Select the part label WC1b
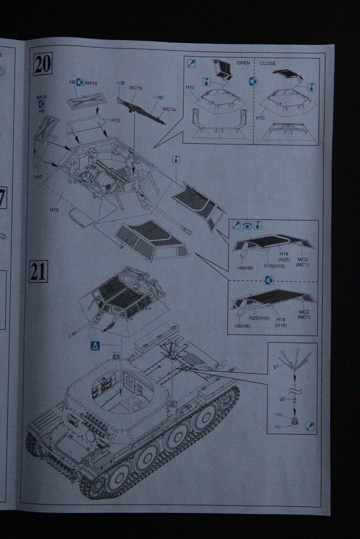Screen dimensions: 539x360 (136, 88)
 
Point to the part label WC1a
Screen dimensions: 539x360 (168, 109)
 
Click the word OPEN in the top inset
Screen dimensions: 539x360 (243, 63)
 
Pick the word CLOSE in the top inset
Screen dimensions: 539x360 (268, 63)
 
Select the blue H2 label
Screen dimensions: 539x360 (279, 414)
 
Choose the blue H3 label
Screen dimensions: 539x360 (279, 427)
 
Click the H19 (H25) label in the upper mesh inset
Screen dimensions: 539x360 (284, 256)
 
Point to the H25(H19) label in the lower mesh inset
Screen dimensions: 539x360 (256, 318)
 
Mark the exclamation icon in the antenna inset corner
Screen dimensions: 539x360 (310, 426)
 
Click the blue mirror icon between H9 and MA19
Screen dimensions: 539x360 (80, 82)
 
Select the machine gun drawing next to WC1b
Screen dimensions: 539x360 (141, 109)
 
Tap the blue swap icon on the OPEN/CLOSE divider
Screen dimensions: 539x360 (253, 82)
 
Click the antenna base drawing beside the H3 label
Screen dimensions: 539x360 (295, 423)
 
